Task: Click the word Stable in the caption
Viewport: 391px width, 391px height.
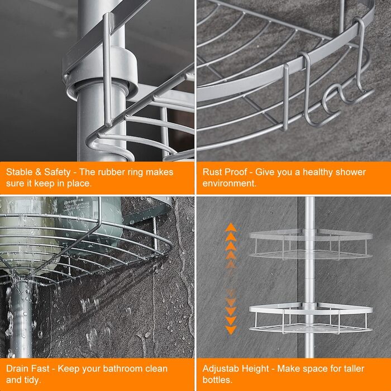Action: (19, 172)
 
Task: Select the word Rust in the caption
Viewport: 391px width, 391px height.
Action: (212, 172)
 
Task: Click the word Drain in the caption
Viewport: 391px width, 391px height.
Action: (17, 369)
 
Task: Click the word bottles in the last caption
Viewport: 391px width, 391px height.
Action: (217, 380)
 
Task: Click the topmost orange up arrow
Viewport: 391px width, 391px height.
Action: (231, 227)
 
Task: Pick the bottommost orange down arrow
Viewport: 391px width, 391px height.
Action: (231, 330)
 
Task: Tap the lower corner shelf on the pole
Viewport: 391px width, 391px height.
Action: (311, 318)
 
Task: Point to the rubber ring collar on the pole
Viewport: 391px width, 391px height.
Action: (104, 74)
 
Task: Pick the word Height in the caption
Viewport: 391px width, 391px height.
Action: (258, 369)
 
